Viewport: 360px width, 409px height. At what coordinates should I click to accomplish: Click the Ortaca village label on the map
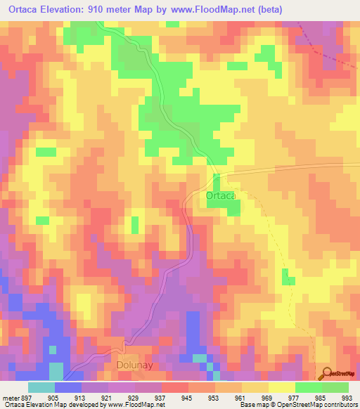click(x=221, y=196)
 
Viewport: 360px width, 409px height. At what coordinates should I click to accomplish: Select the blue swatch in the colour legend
click(x=68, y=387)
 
